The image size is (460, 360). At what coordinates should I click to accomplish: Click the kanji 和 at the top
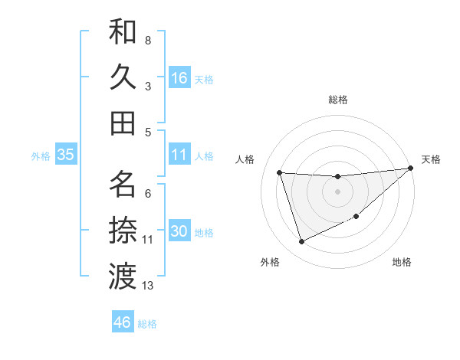(x=123, y=32)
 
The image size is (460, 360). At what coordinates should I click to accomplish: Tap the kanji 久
(x=123, y=77)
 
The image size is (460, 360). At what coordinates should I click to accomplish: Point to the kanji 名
(x=123, y=185)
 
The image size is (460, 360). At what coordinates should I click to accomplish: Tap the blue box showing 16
(x=179, y=77)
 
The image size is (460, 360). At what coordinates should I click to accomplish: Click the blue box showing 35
(x=65, y=155)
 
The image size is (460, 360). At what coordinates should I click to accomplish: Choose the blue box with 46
(x=123, y=322)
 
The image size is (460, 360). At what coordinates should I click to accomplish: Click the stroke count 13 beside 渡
(x=148, y=286)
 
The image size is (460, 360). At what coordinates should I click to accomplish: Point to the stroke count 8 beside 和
(x=148, y=40)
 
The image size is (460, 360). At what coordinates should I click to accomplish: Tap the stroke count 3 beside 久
(x=148, y=86)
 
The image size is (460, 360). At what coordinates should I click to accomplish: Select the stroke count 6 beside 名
(x=148, y=193)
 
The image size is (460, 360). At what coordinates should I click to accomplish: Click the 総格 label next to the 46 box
(x=147, y=324)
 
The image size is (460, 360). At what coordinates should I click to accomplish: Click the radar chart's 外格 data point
(x=301, y=242)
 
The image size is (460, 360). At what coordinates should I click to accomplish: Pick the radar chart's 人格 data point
(x=280, y=172)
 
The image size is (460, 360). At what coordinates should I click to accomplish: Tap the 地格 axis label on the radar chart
(x=402, y=263)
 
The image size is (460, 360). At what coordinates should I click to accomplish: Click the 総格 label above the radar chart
(x=337, y=100)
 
